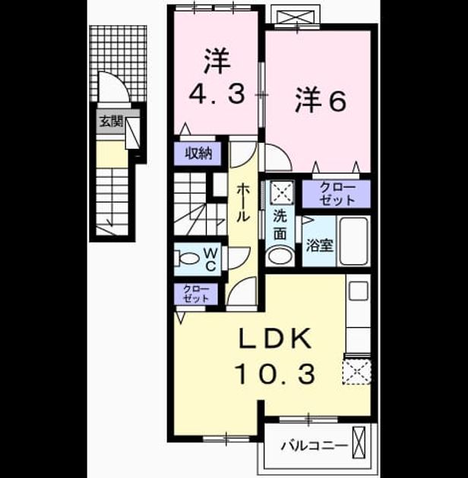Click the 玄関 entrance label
click(x=111, y=122)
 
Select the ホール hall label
click(x=243, y=203)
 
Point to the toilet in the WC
click(x=186, y=258)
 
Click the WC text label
click(x=210, y=259)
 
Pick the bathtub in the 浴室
click(x=353, y=241)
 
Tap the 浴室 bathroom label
click(x=319, y=245)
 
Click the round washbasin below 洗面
click(x=280, y=256)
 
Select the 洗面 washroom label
click(x=280, y=225)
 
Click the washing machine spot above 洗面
click(x=283, y=193)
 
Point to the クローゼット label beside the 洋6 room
click(x=337, y=194)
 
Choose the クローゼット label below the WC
click(x=196, y=294)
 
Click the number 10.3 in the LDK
click(x=275, y=374)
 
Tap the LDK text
click(x=275, y=338)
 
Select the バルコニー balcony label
click(x=315, y=446)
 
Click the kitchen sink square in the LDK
click(x=359, y=291)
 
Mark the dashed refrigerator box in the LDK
click(x=356, y=372)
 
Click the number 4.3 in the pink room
click(x=217, y=94)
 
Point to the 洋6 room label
click(x=321, y=100)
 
